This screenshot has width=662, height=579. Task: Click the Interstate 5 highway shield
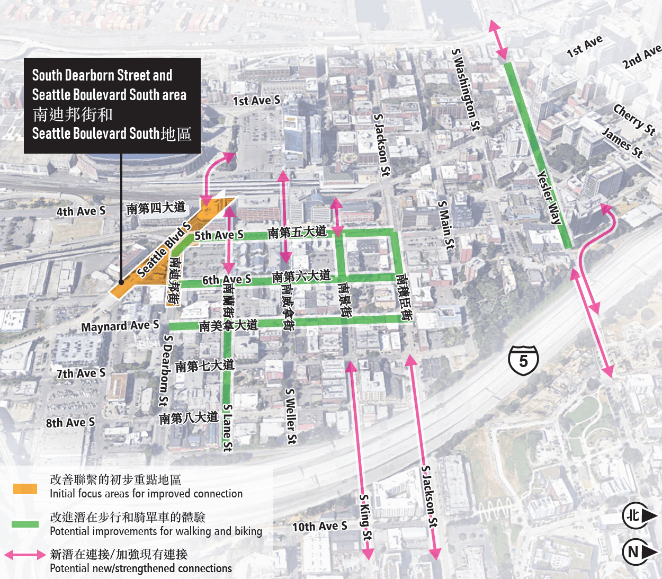(x=523, y=361)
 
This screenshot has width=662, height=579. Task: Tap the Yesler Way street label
(x=549, y=198)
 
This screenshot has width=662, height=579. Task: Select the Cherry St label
(x=634, y=119)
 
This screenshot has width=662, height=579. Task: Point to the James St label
(x=623, y=142)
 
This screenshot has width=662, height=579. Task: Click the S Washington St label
(x=466, y=90)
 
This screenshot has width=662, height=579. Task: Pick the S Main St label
(x=446, y=225)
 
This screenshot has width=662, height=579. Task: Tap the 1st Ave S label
(x=256, y=101)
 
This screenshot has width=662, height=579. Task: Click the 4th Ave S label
(x=81, y=211)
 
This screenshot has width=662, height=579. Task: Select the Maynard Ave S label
(x=120, y=326)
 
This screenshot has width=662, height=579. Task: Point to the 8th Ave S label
(x=70, y=423)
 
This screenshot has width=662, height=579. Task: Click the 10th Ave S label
(x=320, y=527)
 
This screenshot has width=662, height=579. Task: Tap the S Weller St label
(x=291, y=416)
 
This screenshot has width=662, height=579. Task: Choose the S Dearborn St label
(x=165, y=370)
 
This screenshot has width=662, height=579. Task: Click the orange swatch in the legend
(x=25, y=488)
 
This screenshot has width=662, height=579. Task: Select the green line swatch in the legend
(x=25, y=524)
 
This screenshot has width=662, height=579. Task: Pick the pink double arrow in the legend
(x=25, y=555)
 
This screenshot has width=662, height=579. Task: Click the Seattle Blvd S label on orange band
(x=164, y=250)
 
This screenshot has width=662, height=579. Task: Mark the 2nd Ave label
(x=642, y=57)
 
